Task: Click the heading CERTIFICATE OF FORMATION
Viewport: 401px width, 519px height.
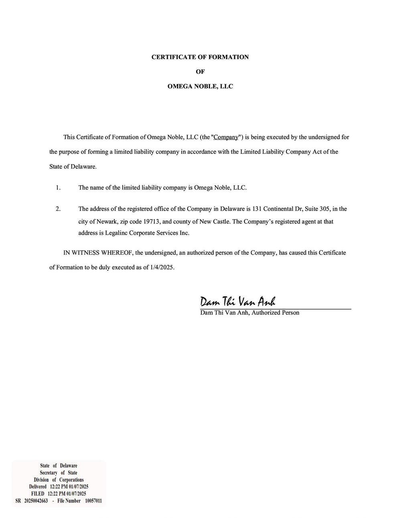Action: [x=200, y=57]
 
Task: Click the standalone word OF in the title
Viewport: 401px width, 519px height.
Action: [x=200, y=72]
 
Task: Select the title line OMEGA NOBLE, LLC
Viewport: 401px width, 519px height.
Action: [x=200, y=86]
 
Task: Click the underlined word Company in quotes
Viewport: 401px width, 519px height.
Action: [x=226, y=137]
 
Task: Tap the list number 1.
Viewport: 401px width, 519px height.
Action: [x=58, y=187]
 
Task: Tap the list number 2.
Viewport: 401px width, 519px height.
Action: [x=58, y=209]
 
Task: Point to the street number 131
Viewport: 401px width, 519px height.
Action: [x=257, y=209]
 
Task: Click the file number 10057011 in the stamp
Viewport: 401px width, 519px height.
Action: [x=93, y=501]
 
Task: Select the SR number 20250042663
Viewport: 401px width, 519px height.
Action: [x=36, y=501]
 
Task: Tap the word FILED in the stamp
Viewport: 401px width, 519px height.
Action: [x=38, y=494]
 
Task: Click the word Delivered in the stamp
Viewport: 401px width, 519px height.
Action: [x=38, y=487]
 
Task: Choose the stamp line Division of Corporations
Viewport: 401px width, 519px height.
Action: [x=59, y=480]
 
